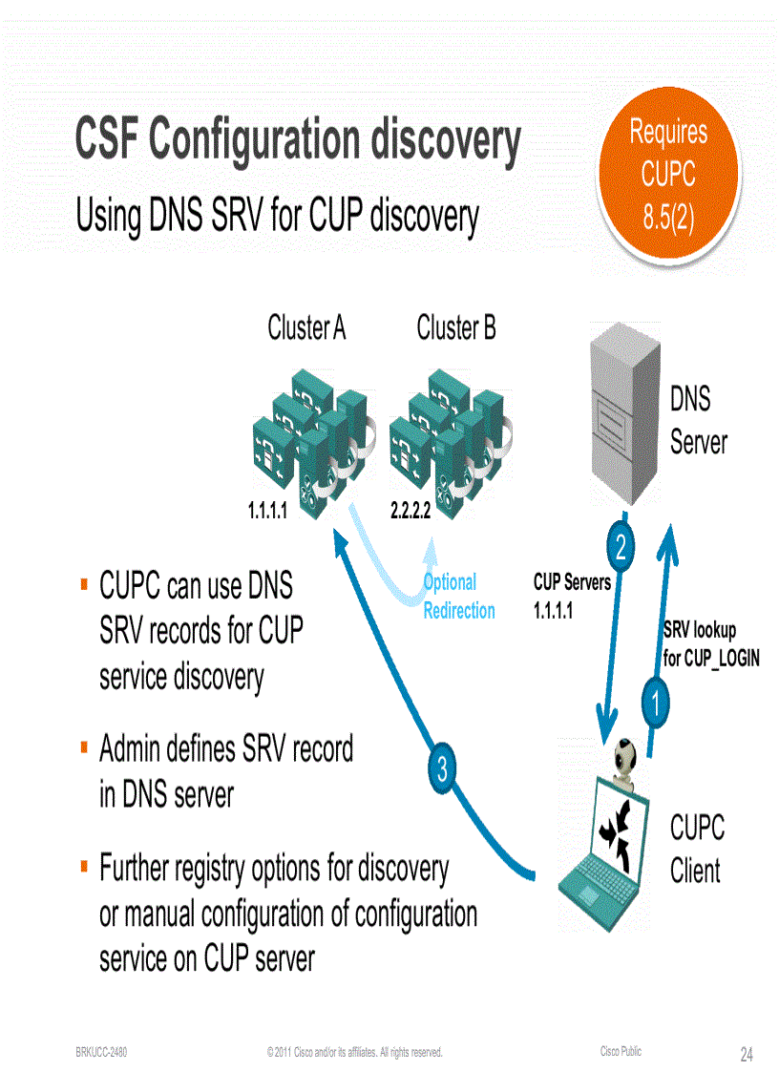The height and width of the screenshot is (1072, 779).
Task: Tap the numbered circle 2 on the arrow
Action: pyautogui.click(x=621, y=548)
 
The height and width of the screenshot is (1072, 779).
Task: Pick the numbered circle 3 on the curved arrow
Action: pyautogui.click(x=442, y=769)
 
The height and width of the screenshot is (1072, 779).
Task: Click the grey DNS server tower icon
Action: pyautogui.click(x=624, y=411)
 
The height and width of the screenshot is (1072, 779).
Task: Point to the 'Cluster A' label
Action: pyautogui.click(x=306, y=329)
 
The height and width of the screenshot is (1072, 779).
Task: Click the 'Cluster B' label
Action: pyautogui.click(x=456, y=329)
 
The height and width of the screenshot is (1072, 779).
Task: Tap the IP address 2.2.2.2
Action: pyautogui.click(x=411, y=511)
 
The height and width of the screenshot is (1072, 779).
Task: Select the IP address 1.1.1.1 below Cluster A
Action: pyautogui.click(x=267, y=511)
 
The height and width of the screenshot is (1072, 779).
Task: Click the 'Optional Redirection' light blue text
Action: pyautogui.click(x=458, y=597)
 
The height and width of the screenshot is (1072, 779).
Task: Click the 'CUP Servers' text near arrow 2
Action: pyautogui.click(x=571, y=582)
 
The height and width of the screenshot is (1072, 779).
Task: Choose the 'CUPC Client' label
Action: pyautogui.click(x=697, y=849)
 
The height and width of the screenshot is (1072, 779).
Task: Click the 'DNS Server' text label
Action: pyautogui.click(x=698, y=420)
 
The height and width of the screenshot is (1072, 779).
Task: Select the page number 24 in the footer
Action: pyautogui.click(x=747, y=1054)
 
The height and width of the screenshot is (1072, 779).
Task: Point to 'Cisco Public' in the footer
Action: pyautogui.click(x=621, y=1051)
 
